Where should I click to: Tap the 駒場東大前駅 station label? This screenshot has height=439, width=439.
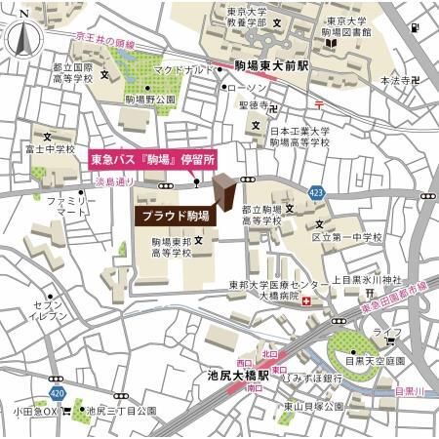point(270,68)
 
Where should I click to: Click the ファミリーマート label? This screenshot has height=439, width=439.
point(66,205)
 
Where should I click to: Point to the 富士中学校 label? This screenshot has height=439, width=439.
point(52,149)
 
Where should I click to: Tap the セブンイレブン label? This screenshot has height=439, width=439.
point(48,311)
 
